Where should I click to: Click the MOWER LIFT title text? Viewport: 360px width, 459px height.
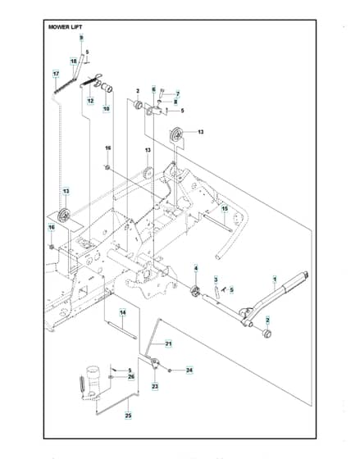click(x=66, y=27)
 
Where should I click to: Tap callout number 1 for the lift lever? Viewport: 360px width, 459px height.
click(x=275, y=279)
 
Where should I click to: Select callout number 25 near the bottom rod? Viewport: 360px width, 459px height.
click(x=128, y=415)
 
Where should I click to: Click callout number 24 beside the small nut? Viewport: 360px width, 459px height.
click(x=189, y=370)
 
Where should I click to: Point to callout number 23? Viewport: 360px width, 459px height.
click(x=155, y=386)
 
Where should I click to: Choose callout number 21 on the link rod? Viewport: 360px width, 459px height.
click(x=168, y=343)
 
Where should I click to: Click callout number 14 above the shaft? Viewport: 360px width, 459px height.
click(x=123, y=313)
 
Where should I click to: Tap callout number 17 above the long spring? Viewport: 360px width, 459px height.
click(x=56, y=74)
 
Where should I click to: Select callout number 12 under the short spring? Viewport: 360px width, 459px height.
click(x=91, y=101)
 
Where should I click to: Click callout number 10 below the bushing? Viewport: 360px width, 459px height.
click(x=106, y=108)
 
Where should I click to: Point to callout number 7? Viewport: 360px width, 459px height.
click(x=177, y=94)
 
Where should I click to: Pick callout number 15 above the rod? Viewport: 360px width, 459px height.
click(x=225, y=209)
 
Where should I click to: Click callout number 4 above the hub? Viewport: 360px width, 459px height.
click(x=196, y=268)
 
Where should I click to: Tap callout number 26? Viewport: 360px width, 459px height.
click(x=131, y=377)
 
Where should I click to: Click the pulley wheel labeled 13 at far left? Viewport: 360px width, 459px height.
click(x=64, y=216)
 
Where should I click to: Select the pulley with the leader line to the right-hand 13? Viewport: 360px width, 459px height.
click(x=177, y=135)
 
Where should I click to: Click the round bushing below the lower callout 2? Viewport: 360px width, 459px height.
click(x=267, y=334)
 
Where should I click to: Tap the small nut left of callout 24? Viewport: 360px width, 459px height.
click(x=170, y=370)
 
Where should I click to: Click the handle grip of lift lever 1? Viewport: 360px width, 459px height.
click(x=294, y=282)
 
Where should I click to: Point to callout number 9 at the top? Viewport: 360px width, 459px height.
click(x=81, y=38)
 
